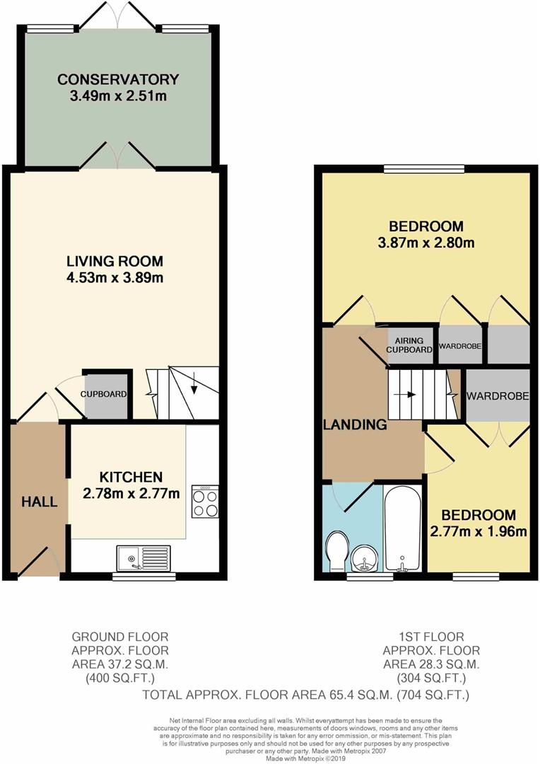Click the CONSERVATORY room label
pyautogui.click(x=118, y=79)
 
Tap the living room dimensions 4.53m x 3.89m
pyautogui.click(x=115, y=278)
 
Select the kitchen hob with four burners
pyautogui.click(x=205, y=502)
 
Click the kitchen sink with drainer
pyautogui.click(x=143, y=558)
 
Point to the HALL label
pyautogui.click(x=39, y=502)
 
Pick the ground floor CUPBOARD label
pyautogui.click(x=104, y=394)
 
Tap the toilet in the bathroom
pyautogui.click(x=336, y=550)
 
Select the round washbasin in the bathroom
pyautogui.click(x=365, y=557)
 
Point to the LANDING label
pyautogui.click(x=355, y=425)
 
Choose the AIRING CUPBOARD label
pyautogui.click(x=409, y=345)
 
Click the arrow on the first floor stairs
pyautogui.click(x=408, y=394)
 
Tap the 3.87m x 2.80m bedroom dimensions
pyautogui.click(x=426, y=242)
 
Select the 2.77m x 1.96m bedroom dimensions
pyautogui.click(x=479, y=531)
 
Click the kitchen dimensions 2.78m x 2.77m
pyautogui.click(x=131, y=493)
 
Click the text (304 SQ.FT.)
pyautogui.click(x=431, y=677)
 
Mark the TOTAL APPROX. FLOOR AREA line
pyautogui.click(x=306, y=695)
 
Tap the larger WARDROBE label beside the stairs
pyautogui.click(x=498, y=395)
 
